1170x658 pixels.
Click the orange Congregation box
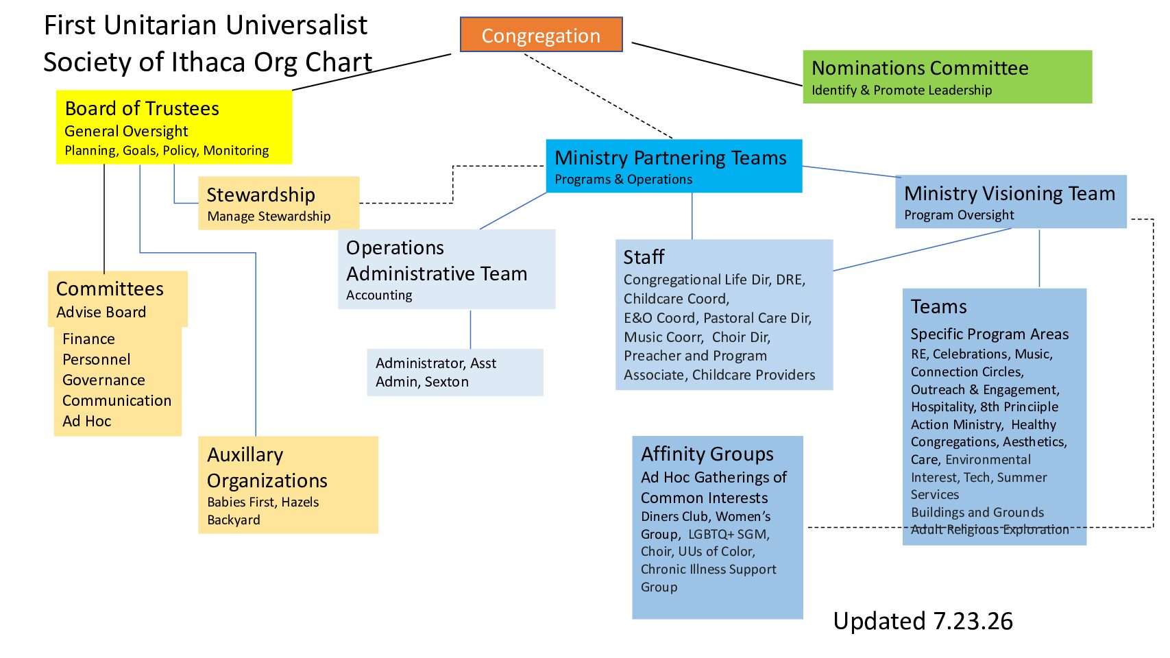pos(541,34)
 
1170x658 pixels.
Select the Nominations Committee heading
pos(920,68)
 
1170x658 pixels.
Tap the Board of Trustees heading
pos(142,108)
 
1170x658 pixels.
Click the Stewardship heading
pos(260,195)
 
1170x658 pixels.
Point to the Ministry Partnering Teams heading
pos(670,158)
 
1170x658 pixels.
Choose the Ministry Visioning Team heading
pos(1009,193)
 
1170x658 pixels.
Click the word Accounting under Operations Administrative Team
pos(378,295)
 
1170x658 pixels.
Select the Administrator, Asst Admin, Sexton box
pos(455,372)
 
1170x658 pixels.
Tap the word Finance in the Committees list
pos(88,339)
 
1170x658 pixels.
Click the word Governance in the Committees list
pos(103,380)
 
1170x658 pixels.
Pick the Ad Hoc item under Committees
pos(87,421)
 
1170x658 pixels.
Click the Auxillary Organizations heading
pos(267,467)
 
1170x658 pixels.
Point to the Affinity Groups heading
pos(707,454)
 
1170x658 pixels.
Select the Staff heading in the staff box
pos(644,257)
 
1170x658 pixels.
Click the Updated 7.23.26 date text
pos(923,621)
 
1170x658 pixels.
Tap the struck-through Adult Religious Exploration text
pos(990,530)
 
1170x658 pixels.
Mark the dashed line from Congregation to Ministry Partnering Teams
pos(598,95)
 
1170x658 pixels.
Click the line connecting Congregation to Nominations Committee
pos(717,64)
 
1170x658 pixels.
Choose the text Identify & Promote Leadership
pos(901,90)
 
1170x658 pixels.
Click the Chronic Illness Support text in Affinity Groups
pos(708,569)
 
